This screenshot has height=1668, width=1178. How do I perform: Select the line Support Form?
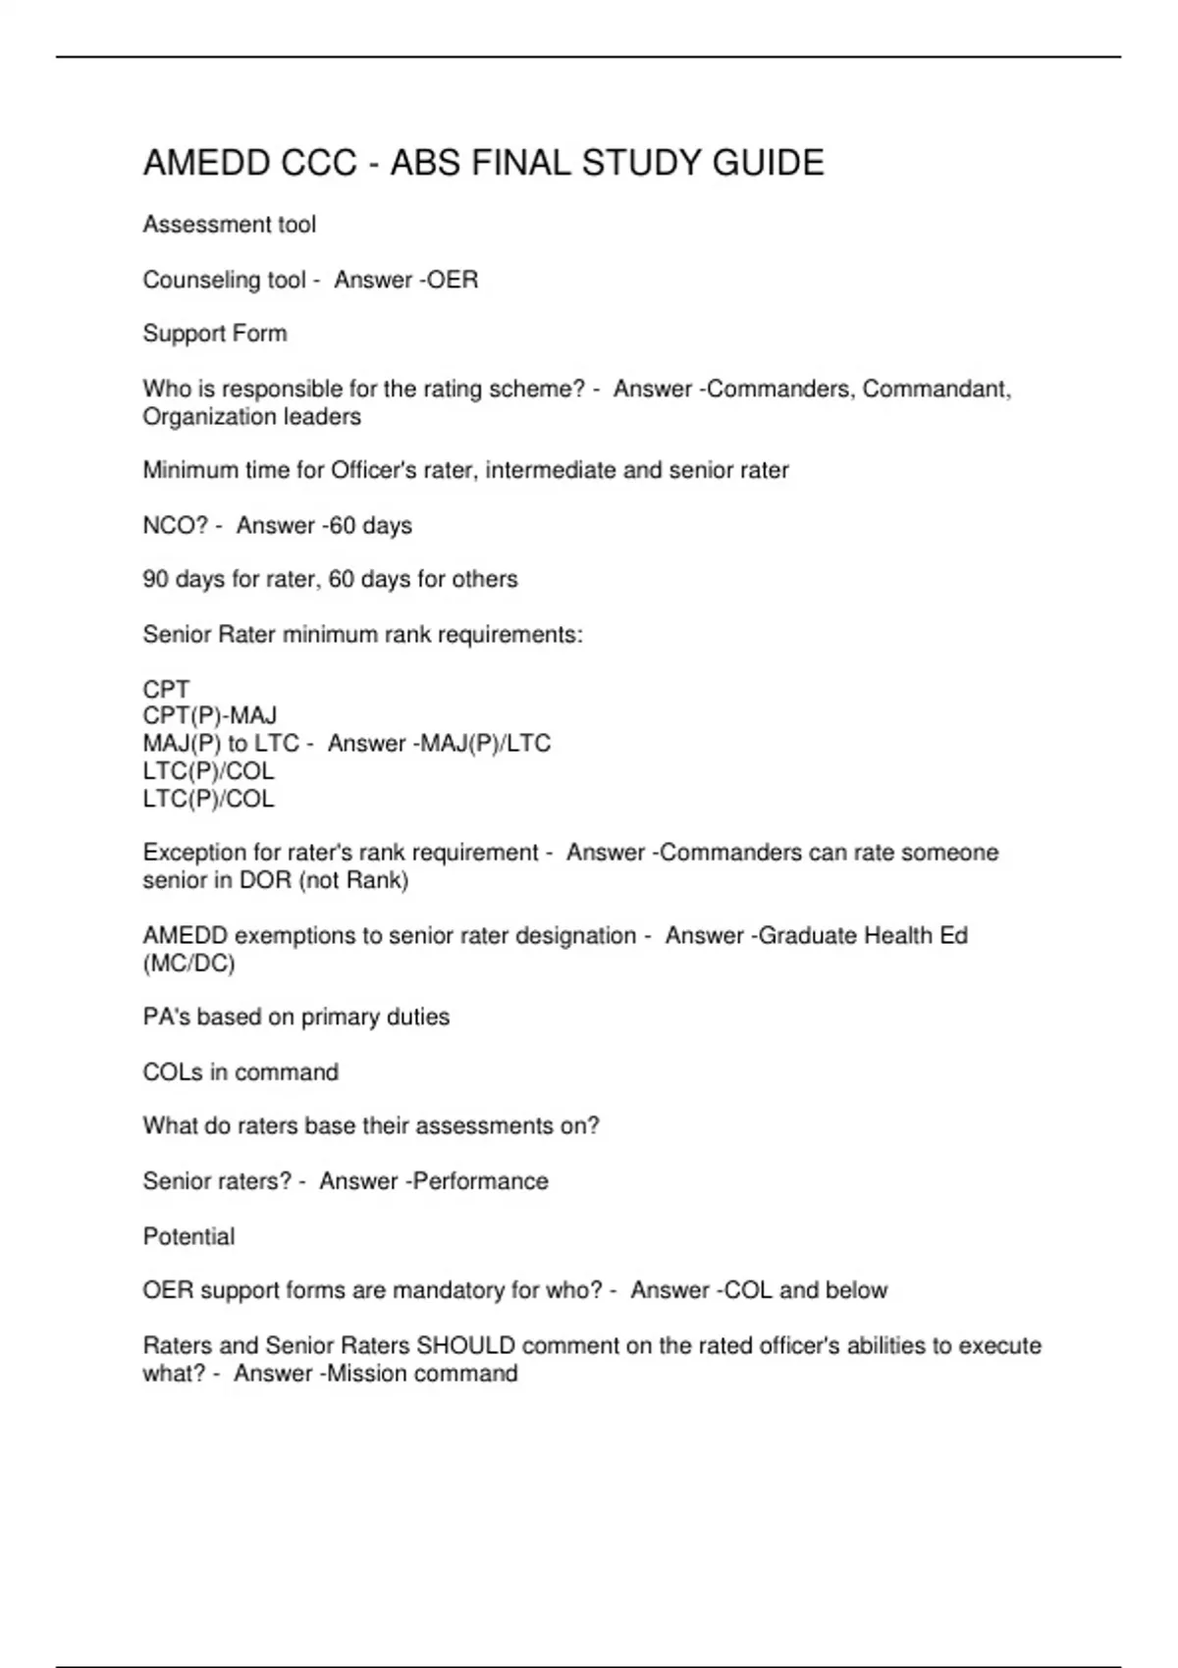point(215,334)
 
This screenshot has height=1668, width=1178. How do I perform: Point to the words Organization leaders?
point(251,416)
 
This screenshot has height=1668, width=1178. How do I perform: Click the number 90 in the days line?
point(155,579)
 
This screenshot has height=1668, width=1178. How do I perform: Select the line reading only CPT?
point(166,689)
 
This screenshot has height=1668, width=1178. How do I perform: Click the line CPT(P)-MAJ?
point(210,715)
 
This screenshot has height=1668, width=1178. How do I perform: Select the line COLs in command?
point(241,1071)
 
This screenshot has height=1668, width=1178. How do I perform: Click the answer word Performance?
point(481,1180)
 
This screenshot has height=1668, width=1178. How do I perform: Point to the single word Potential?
point(188,1236)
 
